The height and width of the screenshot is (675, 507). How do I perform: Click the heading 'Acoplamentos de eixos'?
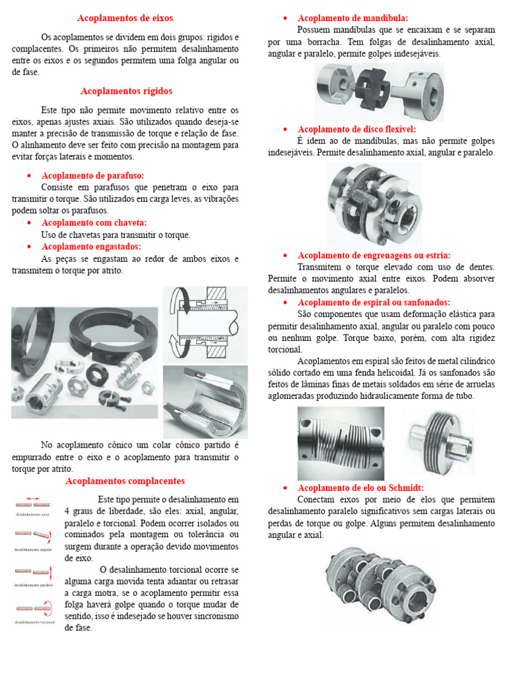click(x=125, y=18)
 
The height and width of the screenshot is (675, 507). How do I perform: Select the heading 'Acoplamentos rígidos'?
click(x=126, y=91)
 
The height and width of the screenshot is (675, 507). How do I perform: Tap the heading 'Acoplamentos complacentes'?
click(x=125, y=481)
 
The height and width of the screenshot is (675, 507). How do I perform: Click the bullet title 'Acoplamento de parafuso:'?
click(x=92, y=175)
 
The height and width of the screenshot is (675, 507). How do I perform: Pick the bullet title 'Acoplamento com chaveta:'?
click(x=94, y=223)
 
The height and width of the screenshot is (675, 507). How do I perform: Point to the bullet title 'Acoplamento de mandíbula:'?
click(x=353, y=18)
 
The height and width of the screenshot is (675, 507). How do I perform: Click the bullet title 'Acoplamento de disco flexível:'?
click(x=356, y=129)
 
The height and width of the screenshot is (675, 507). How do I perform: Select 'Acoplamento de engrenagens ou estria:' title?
click(x=374, y=255)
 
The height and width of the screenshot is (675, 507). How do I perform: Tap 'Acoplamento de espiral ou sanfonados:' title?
click(x=374, y=303)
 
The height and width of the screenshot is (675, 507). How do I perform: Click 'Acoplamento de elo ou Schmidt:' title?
click(x=360, y=488)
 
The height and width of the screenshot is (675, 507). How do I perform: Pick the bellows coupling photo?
click(x=438, y=442)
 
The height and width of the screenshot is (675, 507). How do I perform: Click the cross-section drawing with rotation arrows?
click(x=205, y=323)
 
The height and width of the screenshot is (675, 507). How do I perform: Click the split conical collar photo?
click(x=205, y=402)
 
